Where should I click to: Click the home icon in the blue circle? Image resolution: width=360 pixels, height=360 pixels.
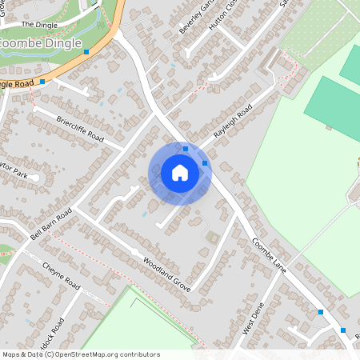(x=180, y=173)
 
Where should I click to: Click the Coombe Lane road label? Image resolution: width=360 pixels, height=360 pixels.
(x=268, y=256)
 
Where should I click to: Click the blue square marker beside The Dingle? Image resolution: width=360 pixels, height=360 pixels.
(x=86, y=50)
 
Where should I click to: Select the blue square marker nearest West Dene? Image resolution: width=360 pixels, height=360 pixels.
(x=321, y=312)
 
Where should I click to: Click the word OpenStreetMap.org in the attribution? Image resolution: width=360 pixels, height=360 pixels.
(x=90, y=354)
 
